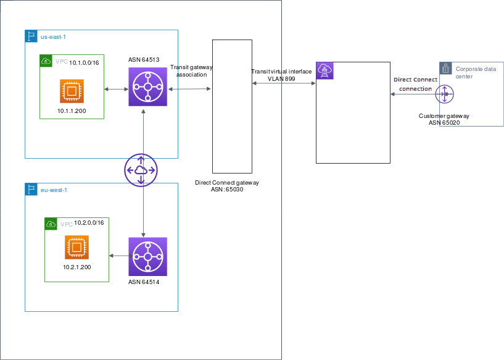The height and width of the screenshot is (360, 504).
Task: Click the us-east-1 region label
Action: pyautogui.click(x=53, y=37)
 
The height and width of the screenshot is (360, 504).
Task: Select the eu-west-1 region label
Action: pyautogui.click(x=54, y=190)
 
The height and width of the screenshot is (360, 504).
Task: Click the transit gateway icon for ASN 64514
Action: pyautogui.click(x=147, y=256)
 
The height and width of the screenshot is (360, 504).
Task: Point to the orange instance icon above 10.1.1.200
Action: pyautogui.click(x=72, y=91)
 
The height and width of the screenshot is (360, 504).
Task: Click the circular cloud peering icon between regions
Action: pyautogui.click(x=141, y=169)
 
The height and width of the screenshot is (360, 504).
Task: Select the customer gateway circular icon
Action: pyautogui.click(x=444, y=94)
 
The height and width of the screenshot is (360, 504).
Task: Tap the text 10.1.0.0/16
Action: pyautogui.click(x=85, y=62)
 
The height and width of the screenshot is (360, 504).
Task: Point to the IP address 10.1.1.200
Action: pyautogui.click(x=72, y=111)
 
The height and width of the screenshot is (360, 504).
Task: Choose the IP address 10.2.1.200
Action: pyautogui.click(x=77, y=267)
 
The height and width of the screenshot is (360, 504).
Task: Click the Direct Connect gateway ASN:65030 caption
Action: pyautogui.click(x=227, y=186)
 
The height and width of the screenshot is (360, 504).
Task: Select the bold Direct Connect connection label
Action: pyautogui.click(x=415, y=84)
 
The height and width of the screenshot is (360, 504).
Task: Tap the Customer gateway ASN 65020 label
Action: pyautogui.click(x=444, y=119)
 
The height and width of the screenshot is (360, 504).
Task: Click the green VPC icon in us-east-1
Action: pyautogui.click(x=46, y=61)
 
